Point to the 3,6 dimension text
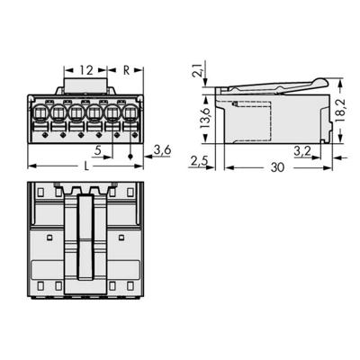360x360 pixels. [162, 149]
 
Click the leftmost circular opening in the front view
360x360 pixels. [40, 114]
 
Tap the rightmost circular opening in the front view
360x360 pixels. [131, 114]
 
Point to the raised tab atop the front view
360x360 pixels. [85, 88]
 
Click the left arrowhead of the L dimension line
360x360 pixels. [32, 166]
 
